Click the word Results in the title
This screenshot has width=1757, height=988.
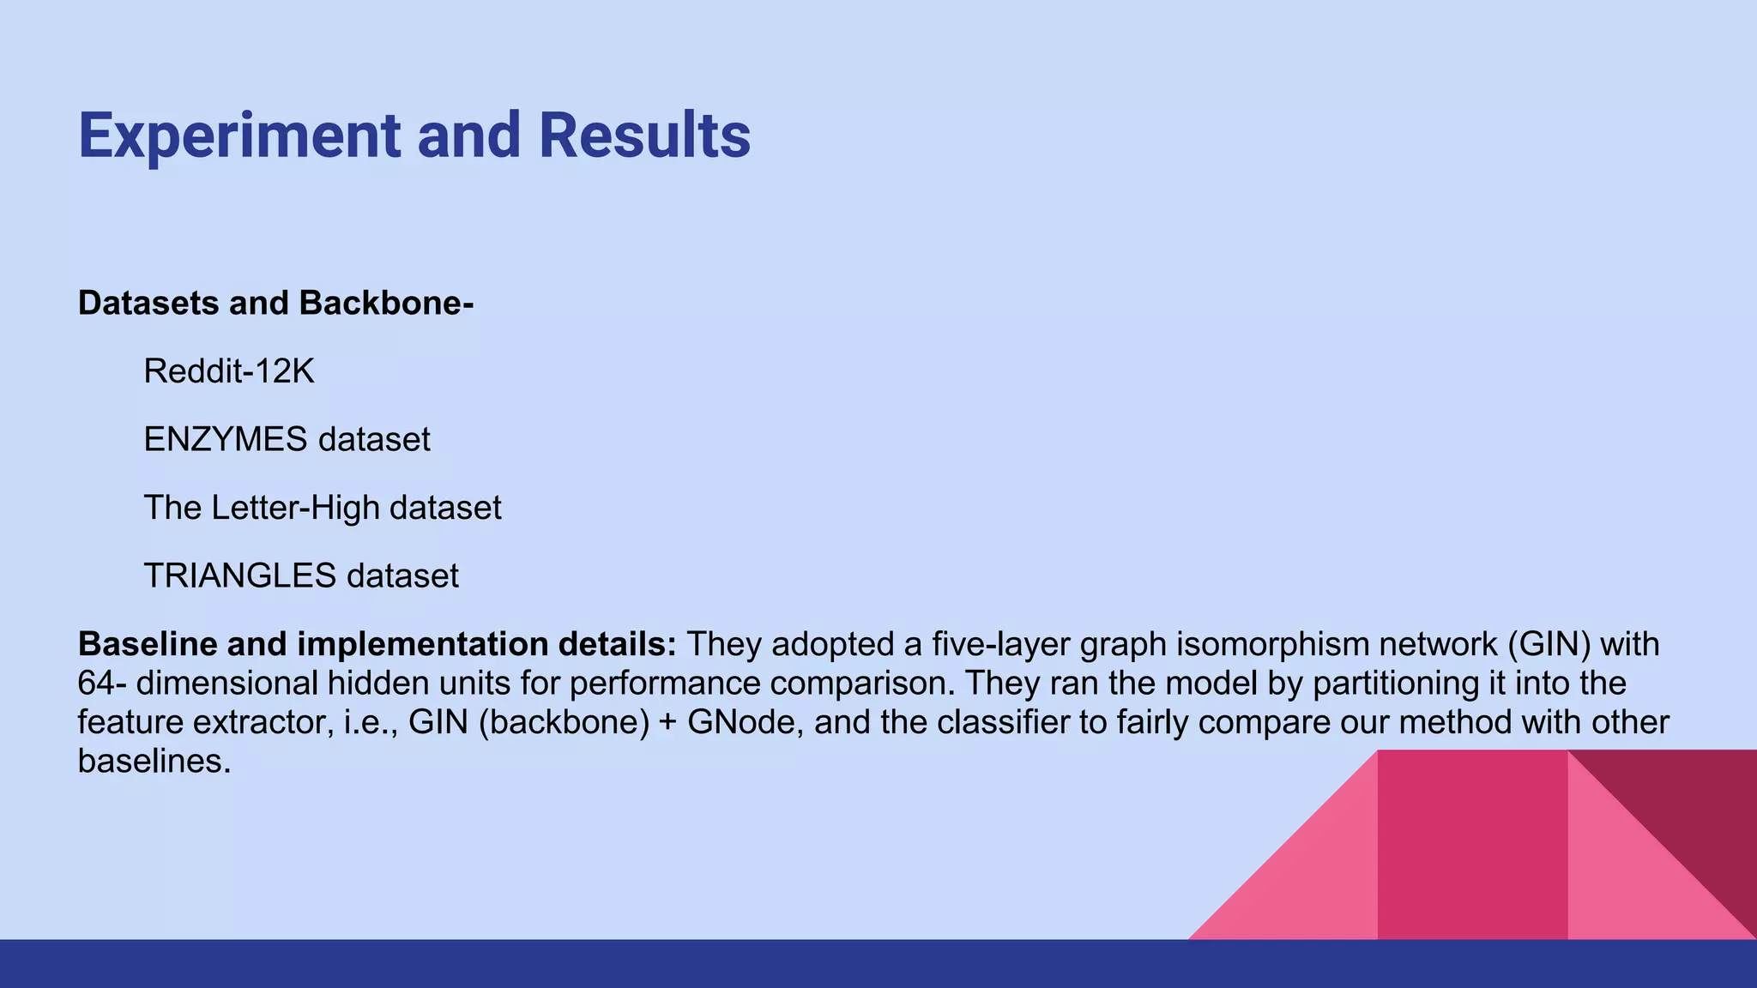tap(644, 136)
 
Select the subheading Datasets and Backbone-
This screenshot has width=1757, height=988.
tap(275, 304)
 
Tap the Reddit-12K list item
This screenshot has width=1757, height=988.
tap(229, 371)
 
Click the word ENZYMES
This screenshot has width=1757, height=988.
tap(225, 439)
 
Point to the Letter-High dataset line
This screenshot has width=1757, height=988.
tap(322, 508)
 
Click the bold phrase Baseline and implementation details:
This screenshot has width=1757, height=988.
tap(377, 644)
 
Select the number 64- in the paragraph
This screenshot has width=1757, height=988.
tap(101, 684)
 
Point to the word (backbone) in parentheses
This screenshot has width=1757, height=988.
tap(564, 722)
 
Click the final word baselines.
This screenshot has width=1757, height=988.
tap(154, 761)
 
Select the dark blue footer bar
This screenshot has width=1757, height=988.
tap(878, 964)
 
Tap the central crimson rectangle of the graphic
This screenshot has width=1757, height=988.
tap(1472, 845)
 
